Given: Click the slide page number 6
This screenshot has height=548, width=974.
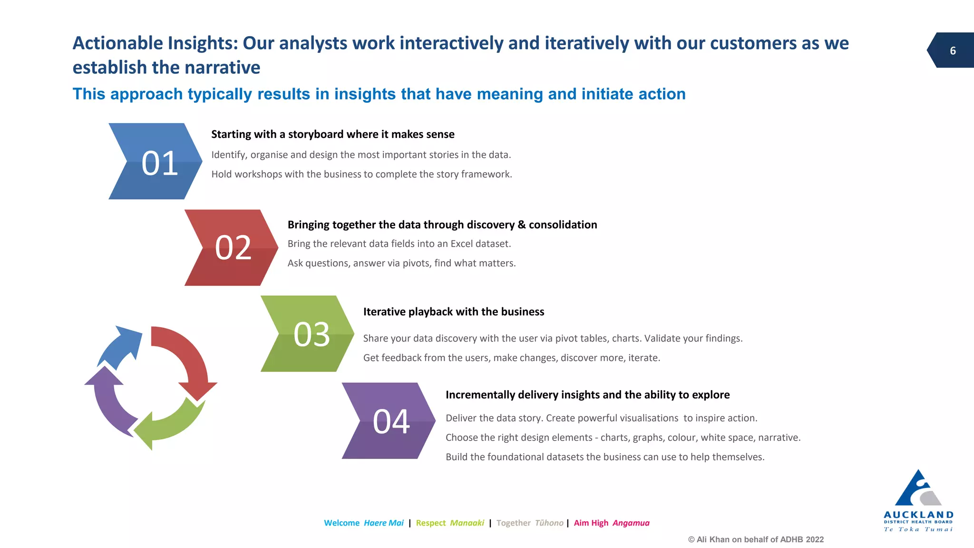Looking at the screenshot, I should (x=953, y=51).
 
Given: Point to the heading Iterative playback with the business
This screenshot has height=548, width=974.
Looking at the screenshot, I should (x=453, y=312).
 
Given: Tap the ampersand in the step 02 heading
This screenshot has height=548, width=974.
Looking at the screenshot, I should (x=522, y=225).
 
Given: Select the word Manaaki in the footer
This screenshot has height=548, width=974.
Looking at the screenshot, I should (x=467, y=523).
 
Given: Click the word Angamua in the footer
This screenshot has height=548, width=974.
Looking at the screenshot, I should (x=631, y=523).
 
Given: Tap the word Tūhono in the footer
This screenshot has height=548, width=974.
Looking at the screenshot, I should (x=549, y=523).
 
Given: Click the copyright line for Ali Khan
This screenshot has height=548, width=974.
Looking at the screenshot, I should (x=756, y=539).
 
